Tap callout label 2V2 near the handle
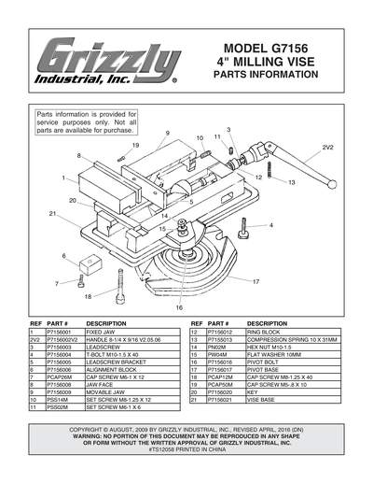click(328, 148)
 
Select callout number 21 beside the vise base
click(53, 215)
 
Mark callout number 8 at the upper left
click(79, 155)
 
